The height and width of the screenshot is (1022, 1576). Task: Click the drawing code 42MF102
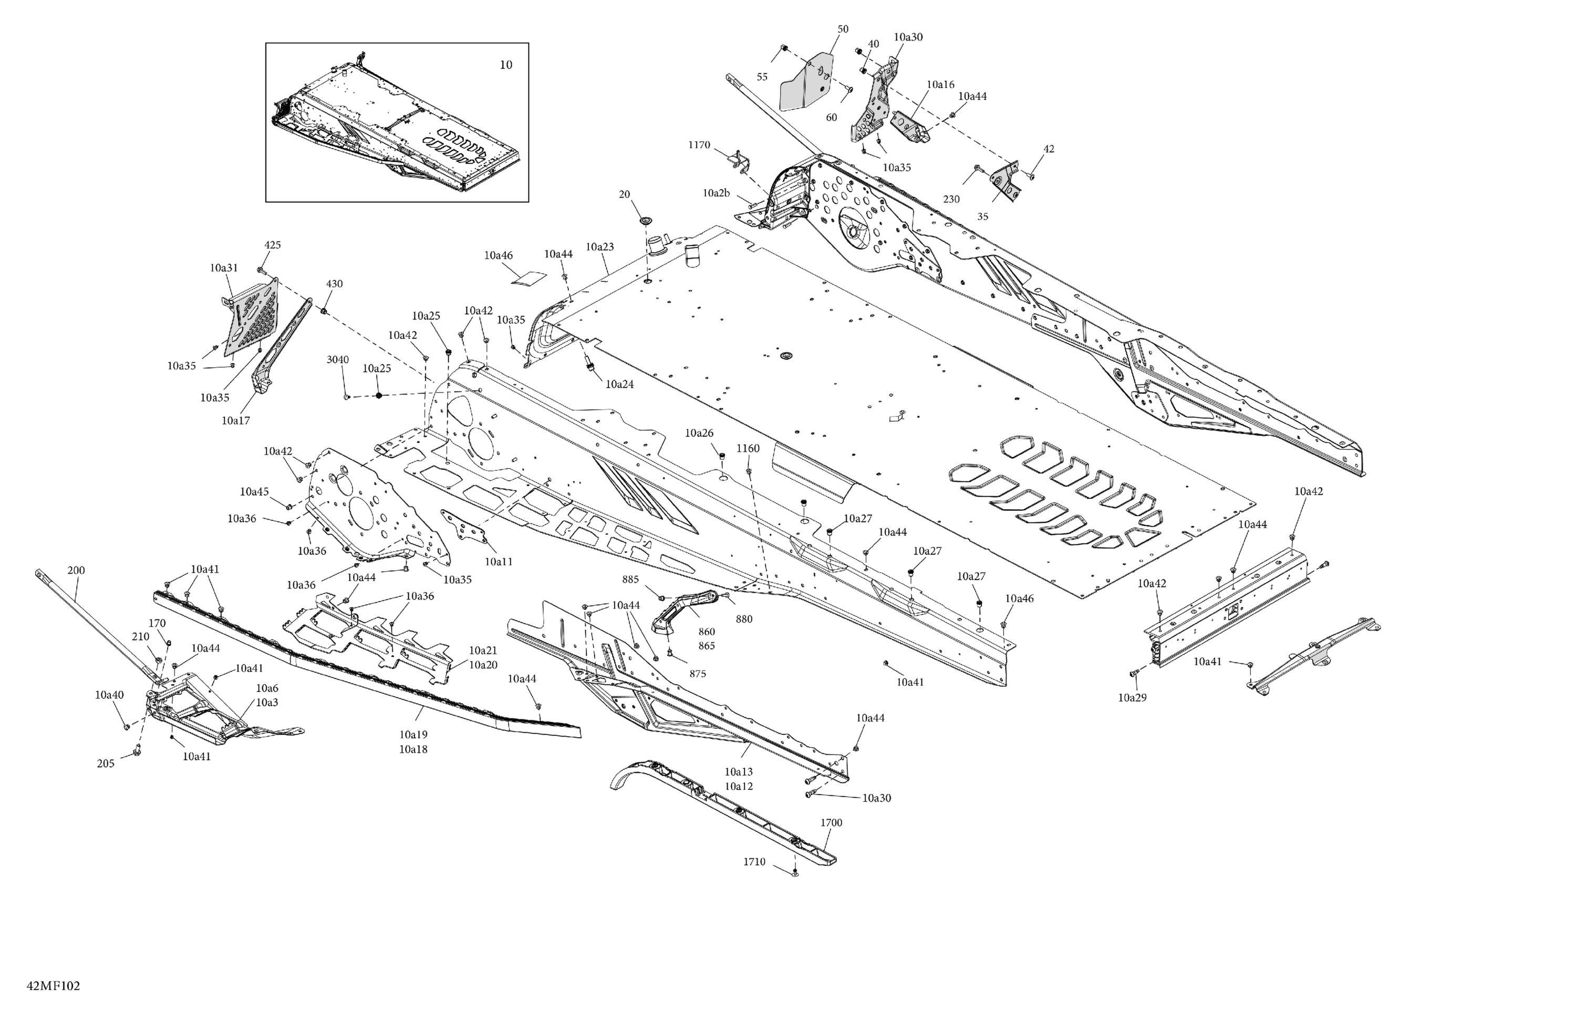[53, 986]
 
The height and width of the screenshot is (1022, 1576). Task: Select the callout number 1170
[699, 145]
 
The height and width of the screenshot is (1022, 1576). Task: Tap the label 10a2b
[716, 193]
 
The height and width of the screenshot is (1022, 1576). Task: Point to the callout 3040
[337, 359]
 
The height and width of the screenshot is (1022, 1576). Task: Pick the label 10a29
[1132, 697]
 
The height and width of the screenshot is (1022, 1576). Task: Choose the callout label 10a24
[619, 384]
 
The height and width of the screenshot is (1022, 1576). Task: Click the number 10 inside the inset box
[505, 65]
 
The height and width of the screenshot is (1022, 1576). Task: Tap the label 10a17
[236, 420]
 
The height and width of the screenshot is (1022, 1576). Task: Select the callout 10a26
[699, 433]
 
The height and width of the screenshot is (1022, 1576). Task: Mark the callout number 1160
[748, 448]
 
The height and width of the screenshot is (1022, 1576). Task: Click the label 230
[951, 199]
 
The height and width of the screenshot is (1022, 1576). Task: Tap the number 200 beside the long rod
[76, 570]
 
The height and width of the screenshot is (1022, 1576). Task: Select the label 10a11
[498, 562]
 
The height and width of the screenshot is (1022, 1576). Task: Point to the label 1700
[831, 823]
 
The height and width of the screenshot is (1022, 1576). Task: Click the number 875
[697, 674]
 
